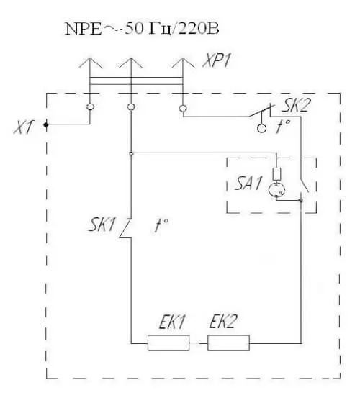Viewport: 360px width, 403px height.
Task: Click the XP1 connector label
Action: (x=216, y=61)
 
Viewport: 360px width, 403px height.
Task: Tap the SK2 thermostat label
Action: (x=296, y=105)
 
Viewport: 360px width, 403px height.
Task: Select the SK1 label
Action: (x=102, y=224)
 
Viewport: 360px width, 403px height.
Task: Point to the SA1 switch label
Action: (x=248, y=184)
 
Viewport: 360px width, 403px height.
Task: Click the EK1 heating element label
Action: (x=172, y=322)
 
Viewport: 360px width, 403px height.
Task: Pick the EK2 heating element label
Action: (x=222, y=321)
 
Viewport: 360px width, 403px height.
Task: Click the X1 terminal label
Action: (x=24, y=127)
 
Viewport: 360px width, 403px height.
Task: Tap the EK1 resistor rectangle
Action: (x=168, y=343)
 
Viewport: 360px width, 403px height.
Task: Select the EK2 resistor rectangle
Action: (x=229, y=343)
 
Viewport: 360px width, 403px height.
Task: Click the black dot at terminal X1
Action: (x=46, y=125)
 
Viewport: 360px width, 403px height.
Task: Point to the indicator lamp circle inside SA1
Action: (x=276, y=189)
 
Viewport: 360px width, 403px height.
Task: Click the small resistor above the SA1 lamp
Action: (x=276, y=174)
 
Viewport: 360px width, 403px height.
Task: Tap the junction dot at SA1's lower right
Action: (x=301, y=200)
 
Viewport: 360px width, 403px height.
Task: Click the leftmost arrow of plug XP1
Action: (x=90, y=63)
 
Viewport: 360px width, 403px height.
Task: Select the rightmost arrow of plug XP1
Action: (x=183, y=63)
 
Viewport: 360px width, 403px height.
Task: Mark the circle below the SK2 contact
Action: (x=261, y=128)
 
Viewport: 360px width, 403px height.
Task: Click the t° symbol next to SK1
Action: (x=161, y=225)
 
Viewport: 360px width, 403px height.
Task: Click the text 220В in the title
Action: (x=199, y=29)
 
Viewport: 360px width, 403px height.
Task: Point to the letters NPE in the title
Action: (x=83, y=29)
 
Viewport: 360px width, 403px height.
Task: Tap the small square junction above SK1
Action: (x=131, y=154)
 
